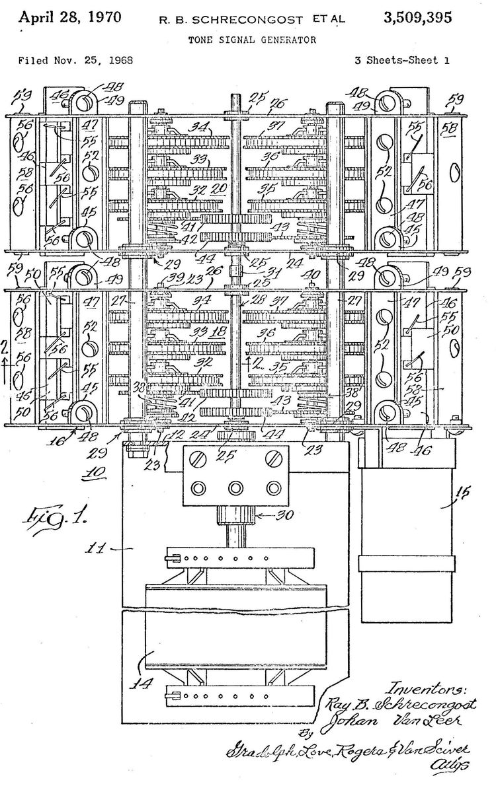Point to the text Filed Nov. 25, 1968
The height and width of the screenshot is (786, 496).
75,60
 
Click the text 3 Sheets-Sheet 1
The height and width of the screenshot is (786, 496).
402,60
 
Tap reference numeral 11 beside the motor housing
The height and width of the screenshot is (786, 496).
99,548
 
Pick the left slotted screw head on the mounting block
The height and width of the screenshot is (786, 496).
197,458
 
